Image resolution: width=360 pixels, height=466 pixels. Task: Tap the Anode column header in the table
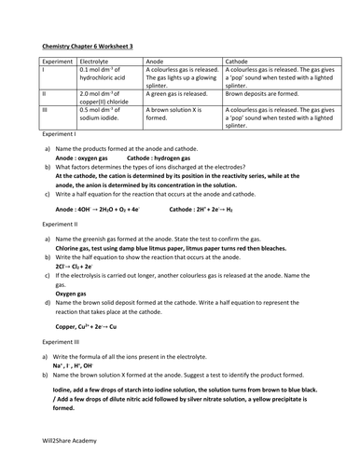tap(158, 58)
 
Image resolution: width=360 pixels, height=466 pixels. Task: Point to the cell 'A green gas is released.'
tap(182, 94)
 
